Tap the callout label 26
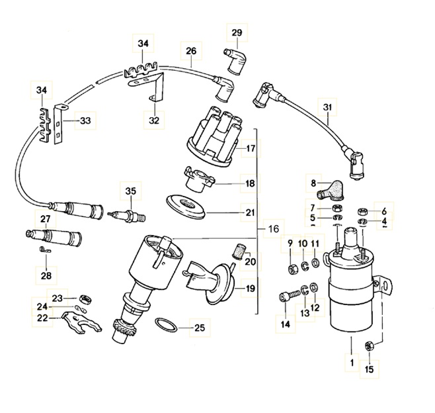[x=190, y=51]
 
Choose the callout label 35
[x=130, y=192]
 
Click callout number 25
[x=199, y=326]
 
